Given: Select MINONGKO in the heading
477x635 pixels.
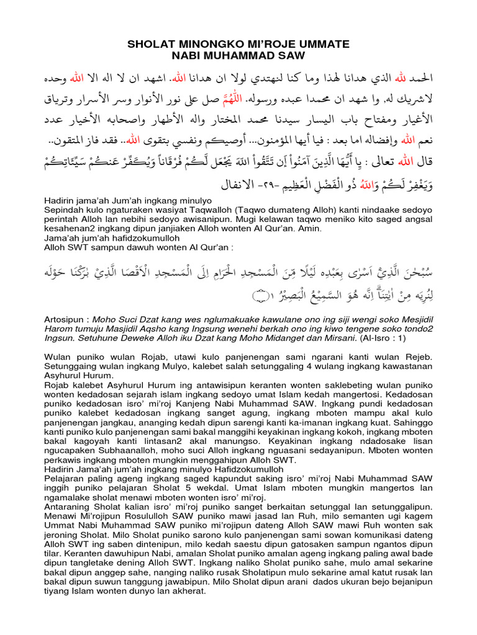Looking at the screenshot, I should [204, 44].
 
